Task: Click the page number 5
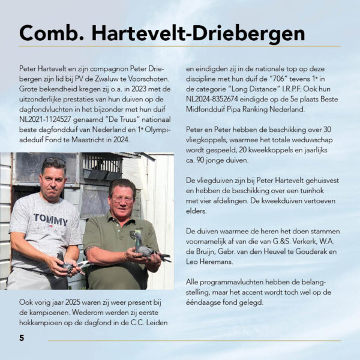point(22,338)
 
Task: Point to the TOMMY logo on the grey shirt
point(50,220)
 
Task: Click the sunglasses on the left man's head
point(55,162)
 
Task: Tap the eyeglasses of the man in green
point(122,200)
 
